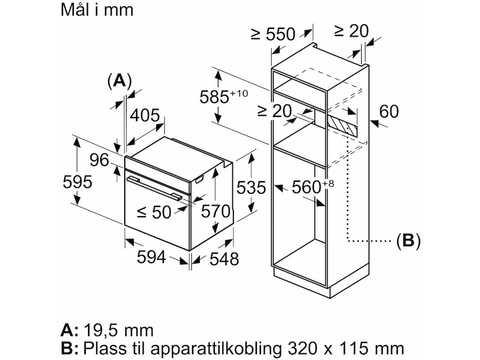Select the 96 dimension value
tap(99, 160)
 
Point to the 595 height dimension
tap(79, 182)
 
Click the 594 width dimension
tap(151, 257)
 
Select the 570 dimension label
tap(217, 211)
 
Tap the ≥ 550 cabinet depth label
tap(273, 34)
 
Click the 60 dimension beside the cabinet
tap(389, 112)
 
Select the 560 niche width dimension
tap(307, 187)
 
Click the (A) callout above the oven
tap(118, 81)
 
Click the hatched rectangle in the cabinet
tap(342, 124)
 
